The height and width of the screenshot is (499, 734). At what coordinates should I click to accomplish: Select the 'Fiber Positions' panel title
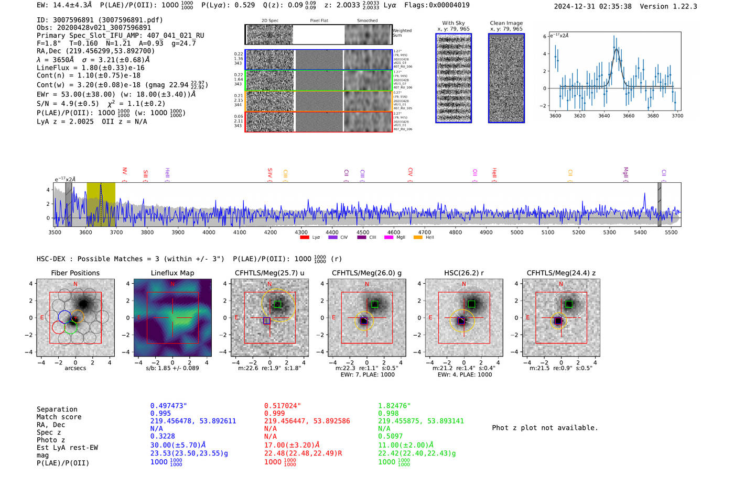coord(75,273)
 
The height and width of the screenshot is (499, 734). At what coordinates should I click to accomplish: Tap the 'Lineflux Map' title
coord(172,273)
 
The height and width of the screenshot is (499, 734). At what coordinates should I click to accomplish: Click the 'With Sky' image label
coord(454,23)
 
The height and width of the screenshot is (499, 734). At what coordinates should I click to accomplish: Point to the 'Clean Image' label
coord(506,23)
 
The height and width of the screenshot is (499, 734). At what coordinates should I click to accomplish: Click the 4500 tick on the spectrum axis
coord(363,232)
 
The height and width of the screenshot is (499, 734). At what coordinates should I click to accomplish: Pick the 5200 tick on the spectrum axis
coord(578,232)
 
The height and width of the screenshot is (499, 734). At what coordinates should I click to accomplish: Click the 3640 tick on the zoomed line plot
coord(604,116)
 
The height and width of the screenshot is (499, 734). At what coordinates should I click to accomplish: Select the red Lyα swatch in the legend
coord(304,238)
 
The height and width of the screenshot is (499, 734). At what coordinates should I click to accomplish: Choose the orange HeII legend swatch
coord(418,238)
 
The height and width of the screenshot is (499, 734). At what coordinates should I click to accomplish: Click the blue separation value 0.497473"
coord(168,406)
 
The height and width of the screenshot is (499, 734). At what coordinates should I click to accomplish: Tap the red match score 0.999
coord(274,413)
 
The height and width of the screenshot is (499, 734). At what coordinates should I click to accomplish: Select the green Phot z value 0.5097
coord(390,436)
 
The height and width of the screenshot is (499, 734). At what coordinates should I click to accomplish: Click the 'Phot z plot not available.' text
coord(545,428)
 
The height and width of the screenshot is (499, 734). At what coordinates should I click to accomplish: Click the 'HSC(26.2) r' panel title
coord(463,273)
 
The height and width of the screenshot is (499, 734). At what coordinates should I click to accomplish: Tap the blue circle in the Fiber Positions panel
coord(64,316)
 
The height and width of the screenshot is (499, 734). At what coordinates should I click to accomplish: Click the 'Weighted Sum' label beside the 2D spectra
coord(402,33)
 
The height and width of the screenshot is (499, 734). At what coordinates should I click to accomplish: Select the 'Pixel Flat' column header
coord(319,21)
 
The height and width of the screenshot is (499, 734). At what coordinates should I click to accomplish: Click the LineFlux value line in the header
coord(90,68)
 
